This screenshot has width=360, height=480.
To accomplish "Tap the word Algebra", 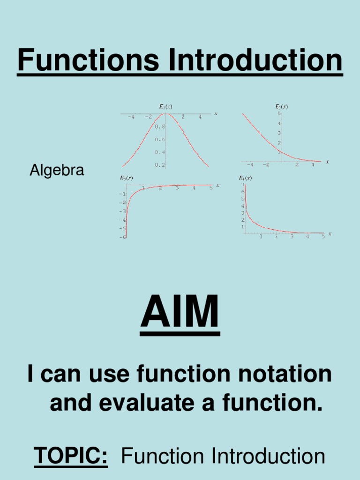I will (x=57, y=171).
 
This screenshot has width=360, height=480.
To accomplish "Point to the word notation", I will (x=277, y=374).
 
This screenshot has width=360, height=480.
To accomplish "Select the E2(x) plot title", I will (x=281, y=106).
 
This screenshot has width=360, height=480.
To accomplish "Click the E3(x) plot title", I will (x=126, y=178).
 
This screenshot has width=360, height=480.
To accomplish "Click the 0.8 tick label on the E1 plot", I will (x=159, y=127).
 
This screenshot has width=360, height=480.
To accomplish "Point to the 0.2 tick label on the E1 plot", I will (x=159, y=165).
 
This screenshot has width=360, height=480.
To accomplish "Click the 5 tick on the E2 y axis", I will (x=278, y=113).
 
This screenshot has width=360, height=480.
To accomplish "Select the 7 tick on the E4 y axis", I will (x=243, y=185).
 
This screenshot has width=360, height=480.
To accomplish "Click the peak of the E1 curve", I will (x=166, y=114).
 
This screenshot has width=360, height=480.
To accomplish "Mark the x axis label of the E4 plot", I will (x=330, y=233).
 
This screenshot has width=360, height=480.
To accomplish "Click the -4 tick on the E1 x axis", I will (x=131, y=117).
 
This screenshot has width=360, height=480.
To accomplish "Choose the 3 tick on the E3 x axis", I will (x=177, y=188).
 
